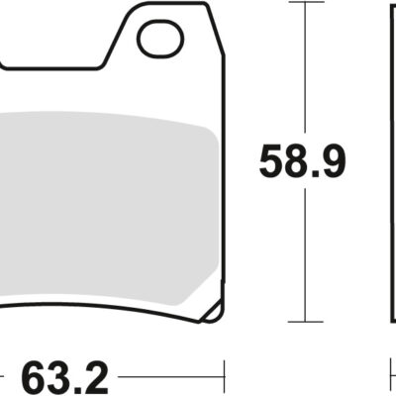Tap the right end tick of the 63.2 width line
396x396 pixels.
point(227,376)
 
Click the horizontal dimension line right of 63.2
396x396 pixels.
point(168,376)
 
